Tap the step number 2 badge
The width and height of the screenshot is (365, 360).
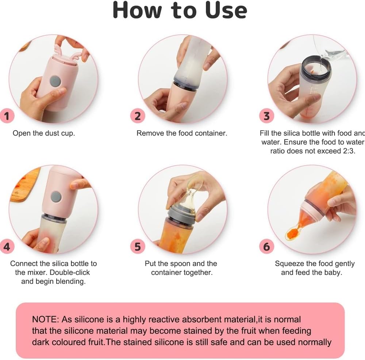pos(138,116)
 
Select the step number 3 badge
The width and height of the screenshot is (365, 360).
pos(266,116)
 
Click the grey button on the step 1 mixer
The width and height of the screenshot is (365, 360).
pos(55,81)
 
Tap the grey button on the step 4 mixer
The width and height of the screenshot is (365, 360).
pos(56,196)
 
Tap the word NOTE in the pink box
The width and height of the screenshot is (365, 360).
pos(45,319)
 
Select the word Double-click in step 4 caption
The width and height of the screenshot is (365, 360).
pos(69,272)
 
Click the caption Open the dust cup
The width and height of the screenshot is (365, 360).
pos(44,133)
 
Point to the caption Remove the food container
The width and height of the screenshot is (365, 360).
pos(181,133)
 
